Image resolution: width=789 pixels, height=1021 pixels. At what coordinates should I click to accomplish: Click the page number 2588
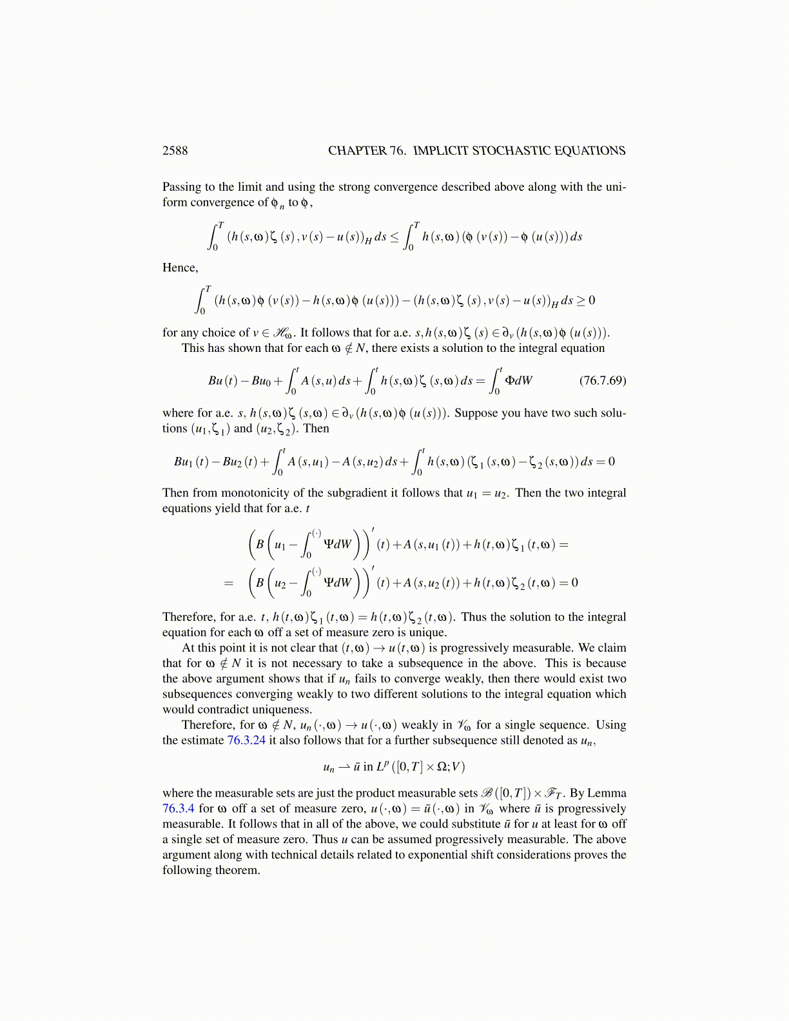pyautogui.click(x=175, y=151)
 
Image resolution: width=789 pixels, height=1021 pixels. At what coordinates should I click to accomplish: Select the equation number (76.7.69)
pyautogui.click(x=602, y=380)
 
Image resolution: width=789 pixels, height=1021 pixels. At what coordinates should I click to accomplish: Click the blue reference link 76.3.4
pyautogui.click(x=178, y=809)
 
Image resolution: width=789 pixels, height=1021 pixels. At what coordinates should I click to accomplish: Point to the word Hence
pyautogui.click(x=179, y=268)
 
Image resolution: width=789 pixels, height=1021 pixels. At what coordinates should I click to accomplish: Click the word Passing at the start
pyautogui.click(x=182, y=187)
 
